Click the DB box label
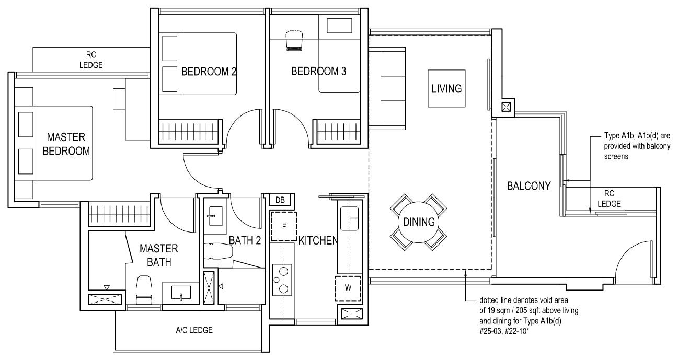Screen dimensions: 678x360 click(280, 200)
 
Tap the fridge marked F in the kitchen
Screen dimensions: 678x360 click(284, 227)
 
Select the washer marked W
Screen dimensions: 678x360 click(348, 288)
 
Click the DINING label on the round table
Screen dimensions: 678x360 click(419, 222)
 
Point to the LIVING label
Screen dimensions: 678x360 click(446, 89)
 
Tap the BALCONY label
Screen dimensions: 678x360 click(529, 186)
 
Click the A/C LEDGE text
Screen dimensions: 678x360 click(194, 330)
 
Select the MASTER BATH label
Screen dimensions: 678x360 click(159, 256)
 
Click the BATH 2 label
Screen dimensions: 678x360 click(245, 240)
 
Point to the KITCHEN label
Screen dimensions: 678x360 click(318, 240)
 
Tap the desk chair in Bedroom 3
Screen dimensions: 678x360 click(294, 40)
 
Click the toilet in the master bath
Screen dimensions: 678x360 click(143, 290)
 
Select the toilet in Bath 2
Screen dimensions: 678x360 click(218, 251)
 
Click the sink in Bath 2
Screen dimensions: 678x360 click(215, 216)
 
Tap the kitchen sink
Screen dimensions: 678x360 click(350, 218)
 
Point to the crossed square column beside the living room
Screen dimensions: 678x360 click(506, 107)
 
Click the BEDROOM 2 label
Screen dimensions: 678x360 click(209, 72)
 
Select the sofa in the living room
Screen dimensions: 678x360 click(387, 88)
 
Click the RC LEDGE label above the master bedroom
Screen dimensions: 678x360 click(91, 60)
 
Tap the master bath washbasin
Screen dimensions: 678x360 click(181, 293)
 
